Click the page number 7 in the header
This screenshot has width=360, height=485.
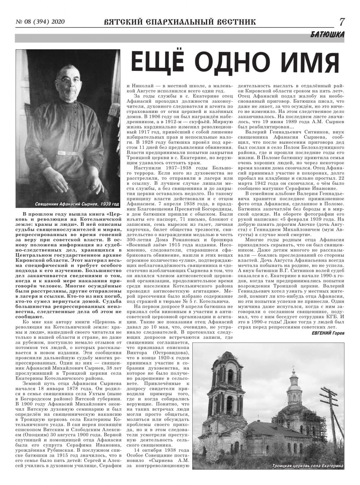(342, 21)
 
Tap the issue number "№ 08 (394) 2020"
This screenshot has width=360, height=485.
(39, 22)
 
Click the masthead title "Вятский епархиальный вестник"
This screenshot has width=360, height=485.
(179, 22)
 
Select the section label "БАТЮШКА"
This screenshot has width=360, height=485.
(327, 35)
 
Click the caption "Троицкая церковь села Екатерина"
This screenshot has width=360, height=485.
(307, 465)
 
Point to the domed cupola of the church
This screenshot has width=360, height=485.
(294, 383)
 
